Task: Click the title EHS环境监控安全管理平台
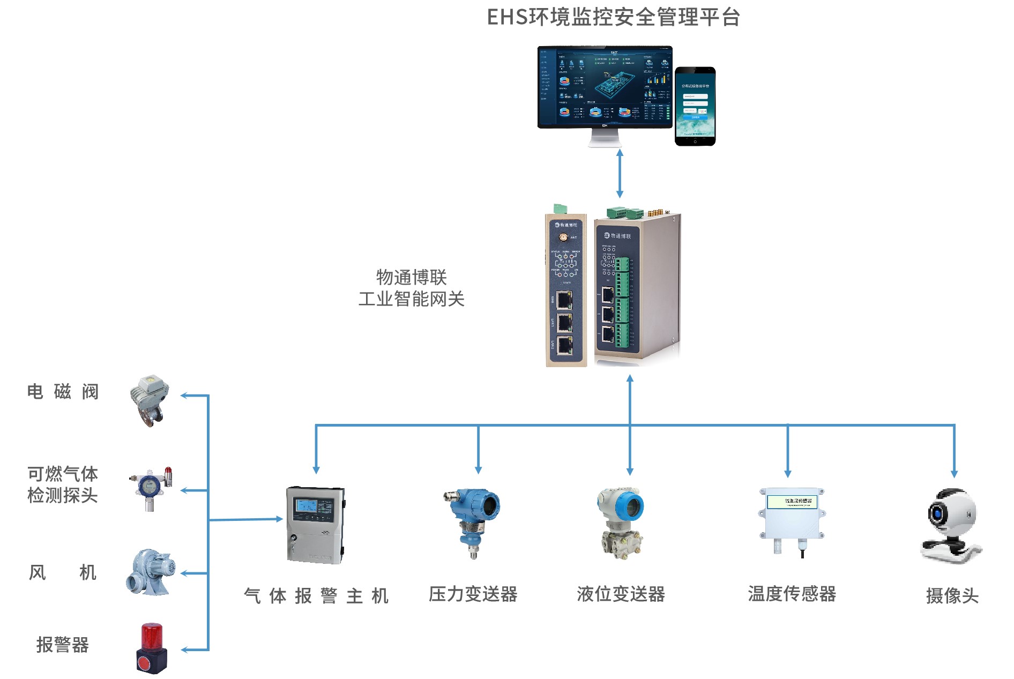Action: coord(613,17)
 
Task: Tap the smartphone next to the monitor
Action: coord(695,106)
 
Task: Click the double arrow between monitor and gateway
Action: coord(620,174)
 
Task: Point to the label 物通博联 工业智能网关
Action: coord(411,288)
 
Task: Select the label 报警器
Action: coord(62,645)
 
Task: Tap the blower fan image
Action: coord(151,572)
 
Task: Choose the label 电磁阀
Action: coord(63,392)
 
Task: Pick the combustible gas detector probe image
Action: coord(151,488)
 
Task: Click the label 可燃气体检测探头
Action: coord(62,484)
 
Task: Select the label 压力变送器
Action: coord(473,594)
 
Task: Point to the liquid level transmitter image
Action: coord(621,523)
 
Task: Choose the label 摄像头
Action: coord(952,595)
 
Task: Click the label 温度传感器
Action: coord(792,594)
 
